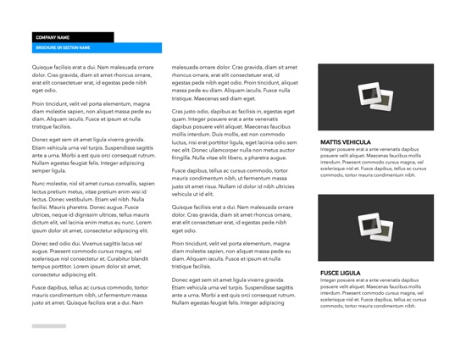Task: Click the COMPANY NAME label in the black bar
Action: (x=52, y=37)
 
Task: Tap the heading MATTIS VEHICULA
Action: (x=346, y=141)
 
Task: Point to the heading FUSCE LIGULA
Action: (x=341, y=273)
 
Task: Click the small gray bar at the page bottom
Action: (x=49, y=326)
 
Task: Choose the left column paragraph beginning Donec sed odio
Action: (x=93, y=258)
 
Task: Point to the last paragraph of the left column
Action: (x=93, y=295)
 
